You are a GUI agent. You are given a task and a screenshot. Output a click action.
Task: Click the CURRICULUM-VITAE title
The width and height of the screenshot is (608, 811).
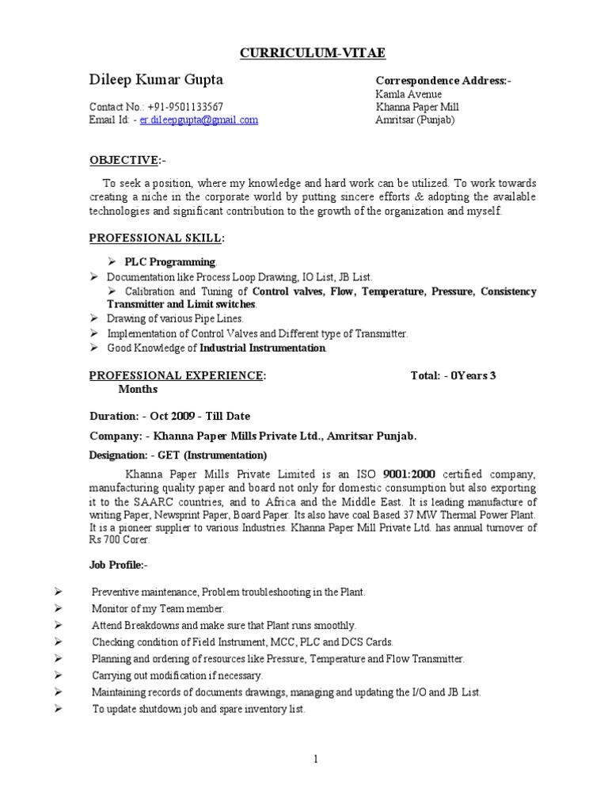[x=304, y=53]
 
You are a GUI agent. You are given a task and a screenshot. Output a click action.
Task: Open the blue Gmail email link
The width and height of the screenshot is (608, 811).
[x=199, y=120]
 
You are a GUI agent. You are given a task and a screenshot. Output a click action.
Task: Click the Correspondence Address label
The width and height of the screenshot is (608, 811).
[x=443, y=81]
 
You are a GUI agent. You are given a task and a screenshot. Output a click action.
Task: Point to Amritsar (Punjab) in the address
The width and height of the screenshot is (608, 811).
[x=415, y=120]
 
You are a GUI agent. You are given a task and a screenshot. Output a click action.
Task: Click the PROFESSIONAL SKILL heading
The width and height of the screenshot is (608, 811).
[x=156, y=238]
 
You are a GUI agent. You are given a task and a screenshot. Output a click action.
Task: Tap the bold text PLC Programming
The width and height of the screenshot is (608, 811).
[x=169, y=262]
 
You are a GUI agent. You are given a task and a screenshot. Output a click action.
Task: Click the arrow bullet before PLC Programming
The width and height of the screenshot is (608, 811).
[x=112, y=262]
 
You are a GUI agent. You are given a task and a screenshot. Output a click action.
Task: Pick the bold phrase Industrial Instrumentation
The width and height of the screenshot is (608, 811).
[x=262, y=348]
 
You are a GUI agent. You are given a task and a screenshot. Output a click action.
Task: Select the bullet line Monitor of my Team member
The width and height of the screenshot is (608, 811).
[x=158, y=608]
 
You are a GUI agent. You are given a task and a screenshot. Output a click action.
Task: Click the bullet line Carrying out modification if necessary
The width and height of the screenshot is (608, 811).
[x=177, y=676]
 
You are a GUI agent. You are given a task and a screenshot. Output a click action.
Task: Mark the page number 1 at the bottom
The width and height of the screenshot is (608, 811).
[x=314, y=760]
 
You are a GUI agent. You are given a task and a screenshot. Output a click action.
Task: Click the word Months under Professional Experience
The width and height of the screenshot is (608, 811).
[x=138, y=389]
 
